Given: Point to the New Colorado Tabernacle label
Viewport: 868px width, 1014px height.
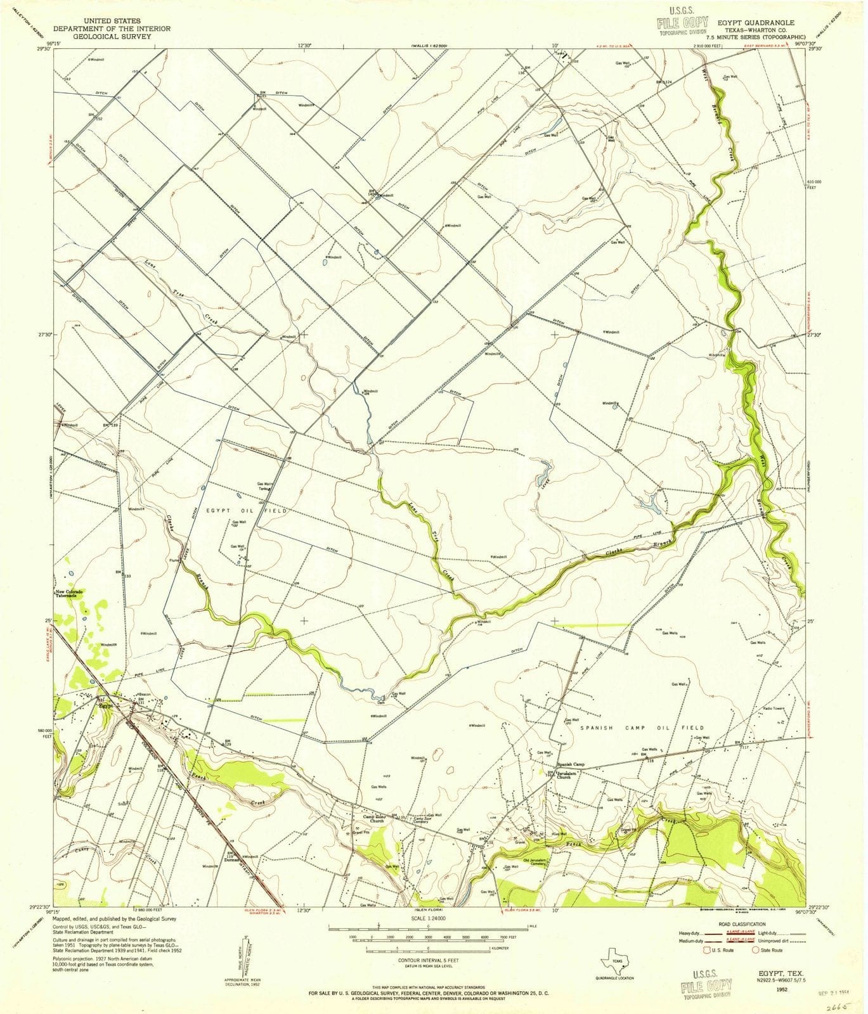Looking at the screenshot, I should click(70, 594).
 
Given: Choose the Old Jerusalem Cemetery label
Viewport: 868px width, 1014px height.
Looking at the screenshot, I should click(534, 863).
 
